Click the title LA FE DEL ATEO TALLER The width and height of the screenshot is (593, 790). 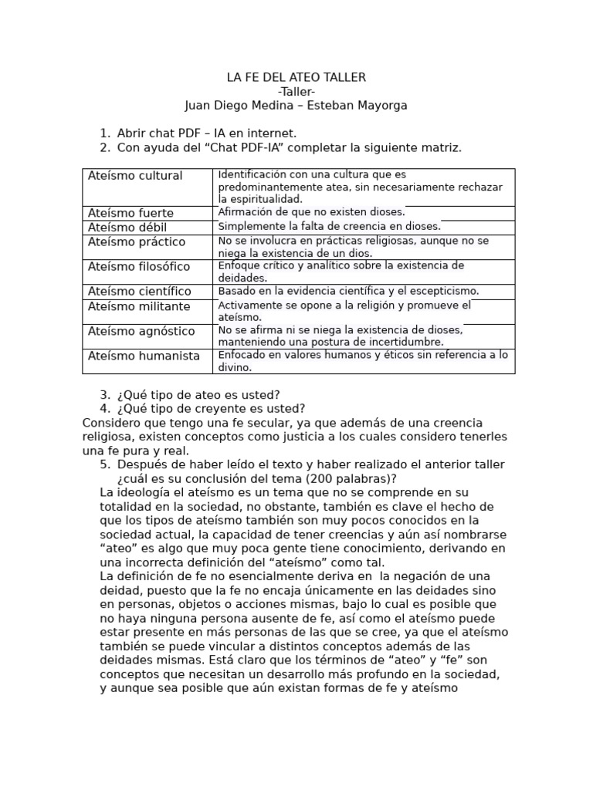click(296, 77)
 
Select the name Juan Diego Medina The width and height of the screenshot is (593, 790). click(234, 105)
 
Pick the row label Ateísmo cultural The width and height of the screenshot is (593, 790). click(135, 176)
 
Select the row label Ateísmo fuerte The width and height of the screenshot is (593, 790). click(130, 213)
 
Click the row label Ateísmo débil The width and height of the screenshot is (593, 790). click(127, 228)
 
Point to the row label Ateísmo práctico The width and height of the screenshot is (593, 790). click(137, 242)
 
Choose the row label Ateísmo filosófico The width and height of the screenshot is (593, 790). click(139, 267)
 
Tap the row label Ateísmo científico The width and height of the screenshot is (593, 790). click(140, 292)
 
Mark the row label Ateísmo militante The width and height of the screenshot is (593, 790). click(139, 306)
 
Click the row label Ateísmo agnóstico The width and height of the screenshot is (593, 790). click(141, 331)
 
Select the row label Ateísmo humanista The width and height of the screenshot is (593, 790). click(144, 356)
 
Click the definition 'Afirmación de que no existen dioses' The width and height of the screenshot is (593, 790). click(311, 212)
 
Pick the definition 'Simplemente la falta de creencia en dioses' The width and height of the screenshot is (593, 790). click(330, 227)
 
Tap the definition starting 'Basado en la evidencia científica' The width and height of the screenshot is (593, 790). click(348, 291)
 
